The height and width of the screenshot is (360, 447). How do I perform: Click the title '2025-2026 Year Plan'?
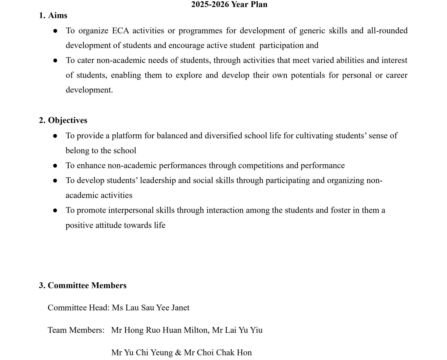(x=229, y=4)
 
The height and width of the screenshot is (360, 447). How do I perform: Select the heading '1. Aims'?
(x=53, y=15)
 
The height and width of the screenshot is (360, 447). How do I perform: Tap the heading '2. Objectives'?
(x=63, y=120)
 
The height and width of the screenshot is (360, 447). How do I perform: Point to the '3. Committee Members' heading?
(x=83, y=285)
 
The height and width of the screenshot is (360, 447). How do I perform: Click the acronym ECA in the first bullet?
(x=120, y=30)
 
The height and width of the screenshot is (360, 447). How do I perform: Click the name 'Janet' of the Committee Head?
(x=180, y=308)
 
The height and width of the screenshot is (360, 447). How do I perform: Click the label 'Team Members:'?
(x=76, y=330)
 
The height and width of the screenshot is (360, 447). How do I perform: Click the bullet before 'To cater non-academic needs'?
(x=55, y=61)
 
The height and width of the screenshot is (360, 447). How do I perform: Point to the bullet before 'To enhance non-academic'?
(x=55, y=166)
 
